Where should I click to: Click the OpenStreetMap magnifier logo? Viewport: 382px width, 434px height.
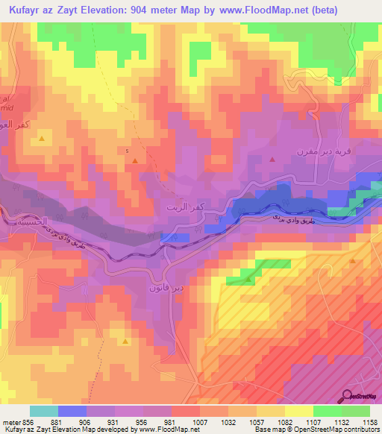pyautogui.click(x=347, y=396)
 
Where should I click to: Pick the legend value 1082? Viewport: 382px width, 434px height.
pyautogui.click(x=273, y=422)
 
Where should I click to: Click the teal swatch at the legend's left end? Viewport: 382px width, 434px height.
pyautogui.click(x=43, y=411)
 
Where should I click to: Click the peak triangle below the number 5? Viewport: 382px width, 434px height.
pyautogui.click(x=134, y=160)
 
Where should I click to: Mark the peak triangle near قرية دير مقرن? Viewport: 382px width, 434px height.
pyautogui.click(x=272, y=159)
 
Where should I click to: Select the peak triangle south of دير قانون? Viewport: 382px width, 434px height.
pyautogui.click(x=125, y=340)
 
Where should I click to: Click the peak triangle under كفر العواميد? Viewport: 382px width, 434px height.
pyautogui.click(x=43, y=139)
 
